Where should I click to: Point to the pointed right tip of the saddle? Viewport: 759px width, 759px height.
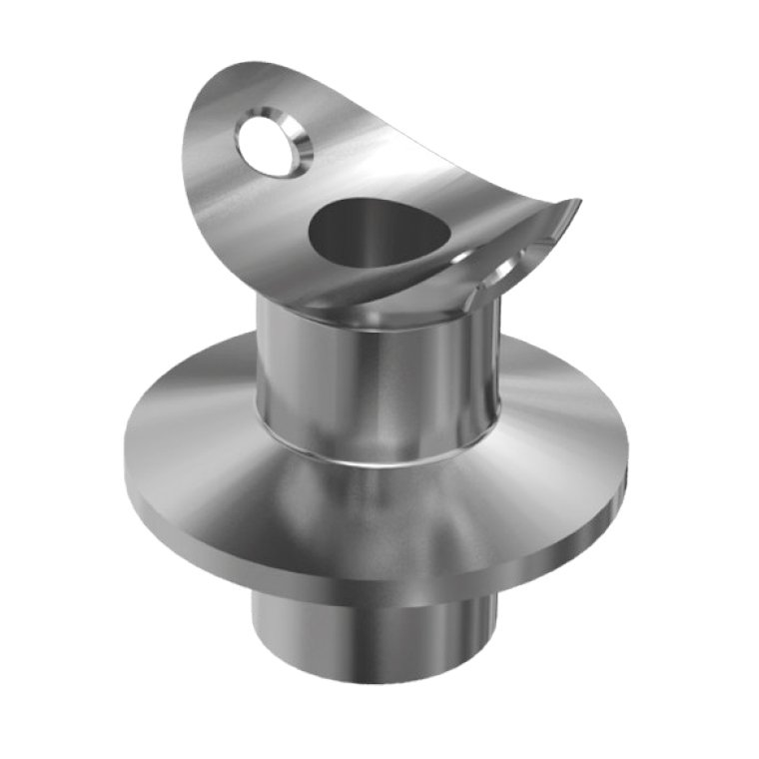point(576,203)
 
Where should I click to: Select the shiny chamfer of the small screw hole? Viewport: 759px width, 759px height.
point(297,145)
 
